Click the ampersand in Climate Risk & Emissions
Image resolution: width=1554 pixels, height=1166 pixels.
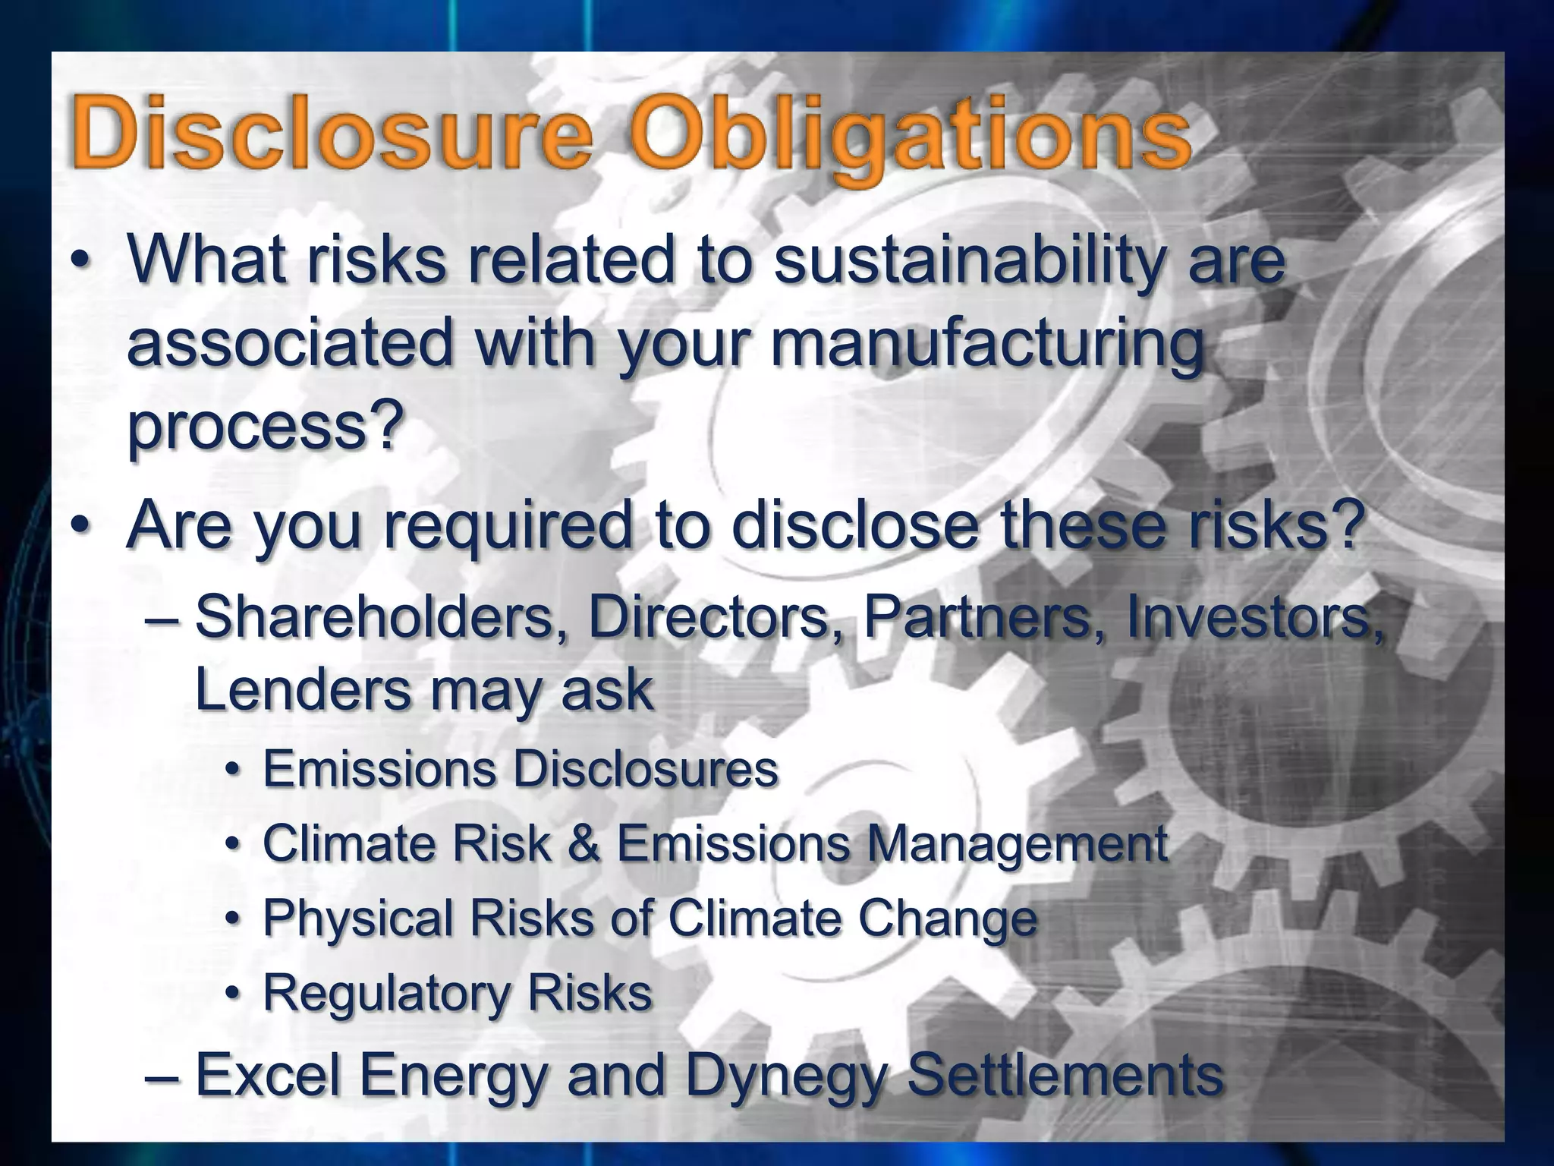point(584,843)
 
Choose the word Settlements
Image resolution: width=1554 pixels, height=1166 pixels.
point(1065,1075)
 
